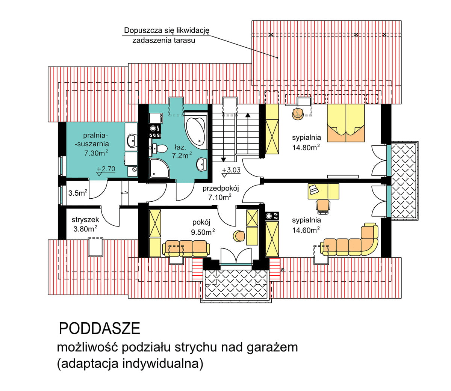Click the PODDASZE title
pos(100,329)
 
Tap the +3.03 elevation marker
pos(231,170)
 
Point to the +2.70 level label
pos(106,169)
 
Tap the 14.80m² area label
pos(306,148)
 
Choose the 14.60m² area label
pos(306,231)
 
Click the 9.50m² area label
pos(203,232)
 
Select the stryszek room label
pos(85,220)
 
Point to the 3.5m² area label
pos(78,193)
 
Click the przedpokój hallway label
pos(221,189)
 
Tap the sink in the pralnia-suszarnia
pos(131,141)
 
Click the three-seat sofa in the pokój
pos(186,248)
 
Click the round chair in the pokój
pos(239,236)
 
